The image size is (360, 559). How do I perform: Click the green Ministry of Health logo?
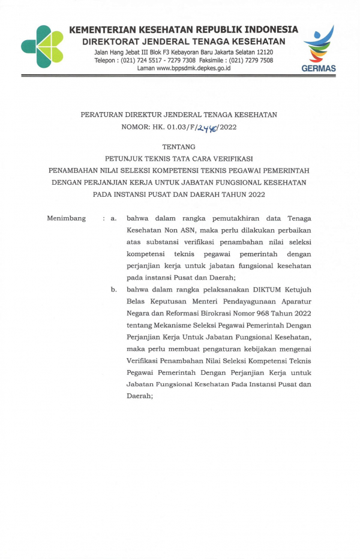[42, 46]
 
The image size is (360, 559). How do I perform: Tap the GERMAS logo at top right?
[319, 50]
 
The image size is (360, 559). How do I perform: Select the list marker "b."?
[113, 290]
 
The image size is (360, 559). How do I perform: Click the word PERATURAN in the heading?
[106, 115]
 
